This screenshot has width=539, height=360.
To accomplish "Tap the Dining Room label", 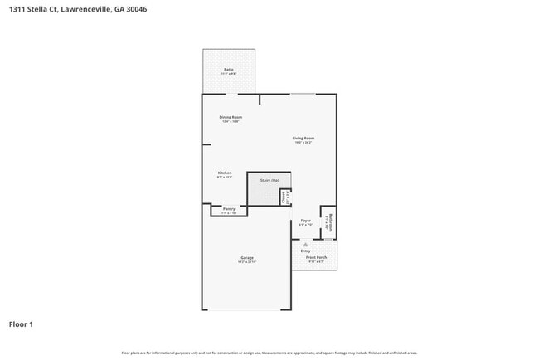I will click(231, 117).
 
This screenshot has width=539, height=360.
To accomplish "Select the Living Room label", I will click(303, 138).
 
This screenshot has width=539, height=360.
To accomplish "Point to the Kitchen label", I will click(225, 173).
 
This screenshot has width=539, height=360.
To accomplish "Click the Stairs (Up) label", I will click(269, 179).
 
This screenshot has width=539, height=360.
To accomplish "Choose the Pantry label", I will click(229, 209).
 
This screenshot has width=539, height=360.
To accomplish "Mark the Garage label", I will click(247, 257).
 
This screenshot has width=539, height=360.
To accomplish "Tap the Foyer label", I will click(305, 221).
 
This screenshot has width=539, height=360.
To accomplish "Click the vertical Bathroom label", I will click(330, 223).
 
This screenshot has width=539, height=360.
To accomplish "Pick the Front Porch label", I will click(316, 257).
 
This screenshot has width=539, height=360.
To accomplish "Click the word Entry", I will click(305, 251).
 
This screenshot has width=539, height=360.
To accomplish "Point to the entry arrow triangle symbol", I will click(305, 245).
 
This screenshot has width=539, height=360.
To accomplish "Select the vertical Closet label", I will click(283, 197).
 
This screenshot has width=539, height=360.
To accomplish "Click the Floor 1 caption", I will click(21, 324).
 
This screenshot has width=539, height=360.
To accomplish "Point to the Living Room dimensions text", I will click(303, 143).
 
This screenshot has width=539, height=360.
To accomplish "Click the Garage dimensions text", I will click(247, 262).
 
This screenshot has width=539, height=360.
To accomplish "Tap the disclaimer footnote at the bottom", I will click(269, 353).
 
